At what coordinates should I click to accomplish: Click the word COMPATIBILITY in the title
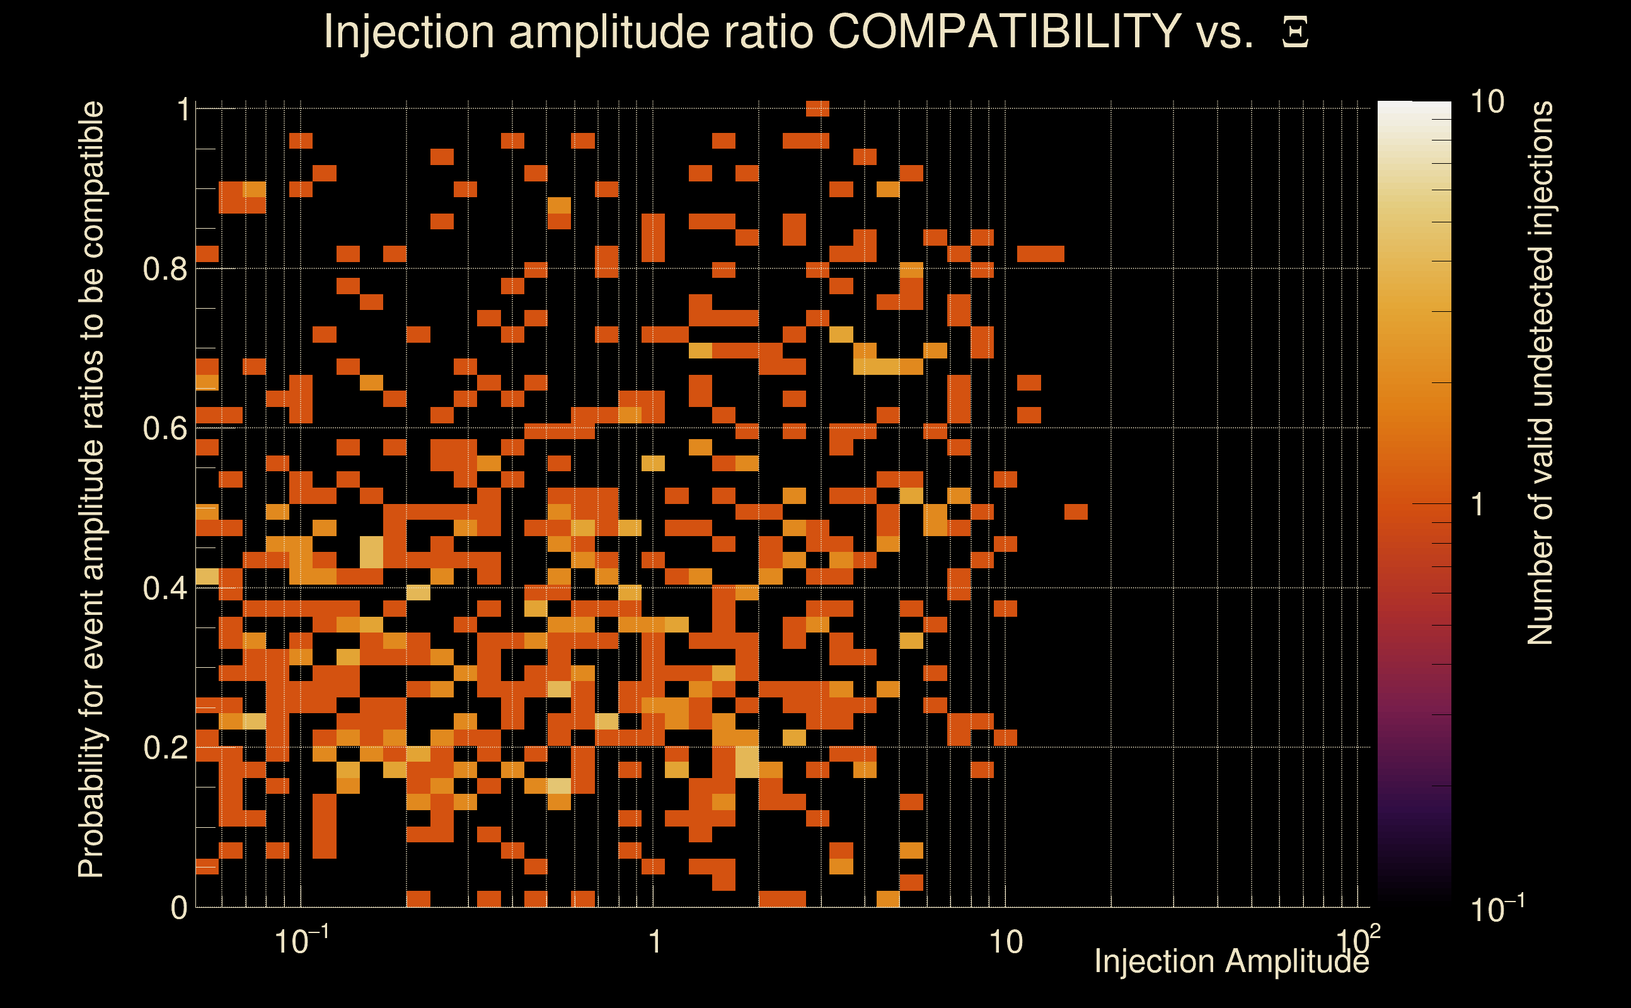(1004, 31)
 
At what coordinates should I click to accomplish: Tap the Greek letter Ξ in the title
(1295, 33)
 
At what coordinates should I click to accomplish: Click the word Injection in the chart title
(409, 31)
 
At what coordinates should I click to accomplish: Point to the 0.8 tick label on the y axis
(164, 270)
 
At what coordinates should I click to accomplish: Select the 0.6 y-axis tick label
(164, 428)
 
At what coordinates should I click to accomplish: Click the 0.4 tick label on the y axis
(164, 588)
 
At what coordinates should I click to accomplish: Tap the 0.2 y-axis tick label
(164, 748)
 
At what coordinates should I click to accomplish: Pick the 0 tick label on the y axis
(179, 908)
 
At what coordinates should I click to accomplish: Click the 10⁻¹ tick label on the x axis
(301, 941)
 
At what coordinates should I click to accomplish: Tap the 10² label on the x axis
(1357, 940)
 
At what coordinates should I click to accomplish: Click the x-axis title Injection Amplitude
(1231, 962)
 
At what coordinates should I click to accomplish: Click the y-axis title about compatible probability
(91, 490)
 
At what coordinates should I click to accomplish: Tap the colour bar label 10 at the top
(1487, 103)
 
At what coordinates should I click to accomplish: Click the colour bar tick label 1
(1478, 505)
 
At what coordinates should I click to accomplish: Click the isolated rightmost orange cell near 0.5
(1076, 512)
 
